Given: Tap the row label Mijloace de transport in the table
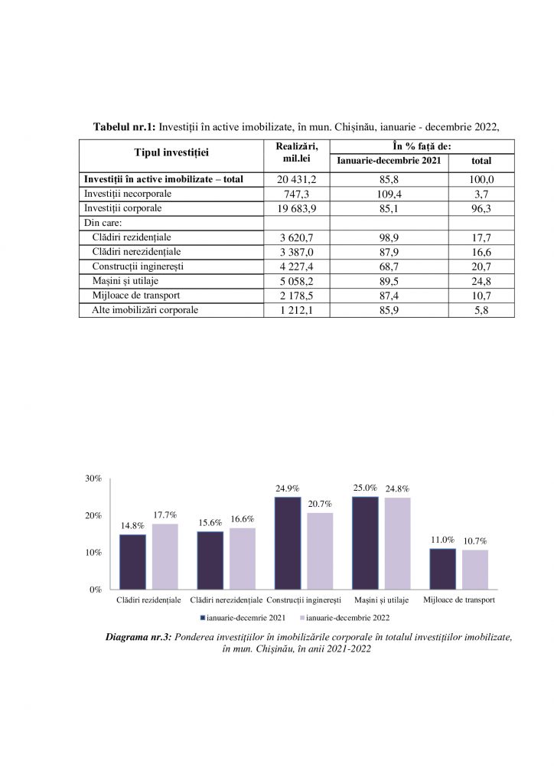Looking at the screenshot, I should [135, 296].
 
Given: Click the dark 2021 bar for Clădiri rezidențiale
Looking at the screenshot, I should [132, 561].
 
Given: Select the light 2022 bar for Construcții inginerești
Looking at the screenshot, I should [320, 550].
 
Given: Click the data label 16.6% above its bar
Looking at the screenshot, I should [242, 519].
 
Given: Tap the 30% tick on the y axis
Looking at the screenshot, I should [93, 479].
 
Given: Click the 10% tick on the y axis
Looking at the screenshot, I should [93, 553].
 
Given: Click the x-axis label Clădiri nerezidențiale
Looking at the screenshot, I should [226, 600].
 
